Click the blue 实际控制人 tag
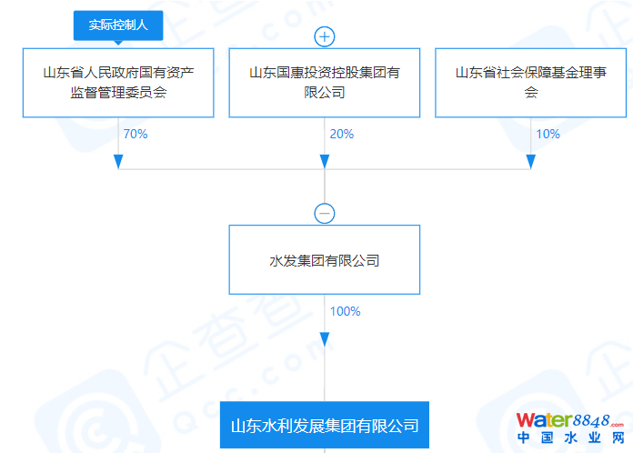click(x=117, y=26)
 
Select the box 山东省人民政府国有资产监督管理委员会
click(x=117, y=82)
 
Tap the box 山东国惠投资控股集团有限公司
click(x=325, y=82)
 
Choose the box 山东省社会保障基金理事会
click(x=531, y=82)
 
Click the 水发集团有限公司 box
click(x=325, y=260)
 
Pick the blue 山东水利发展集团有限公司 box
click(x=325, y=426)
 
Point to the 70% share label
click(x=135, y=134)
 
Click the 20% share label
click(x=342, y=134)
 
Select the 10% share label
click(x=548, y=134)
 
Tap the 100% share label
click(x=346, y=311)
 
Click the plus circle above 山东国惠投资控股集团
click(x=325, y=37)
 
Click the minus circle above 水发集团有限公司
click(x=325, y=214)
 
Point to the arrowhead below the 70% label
click(x=118, y=161)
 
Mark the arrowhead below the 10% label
click(x=531, y=161)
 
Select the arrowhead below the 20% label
click(x=325, y=161)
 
